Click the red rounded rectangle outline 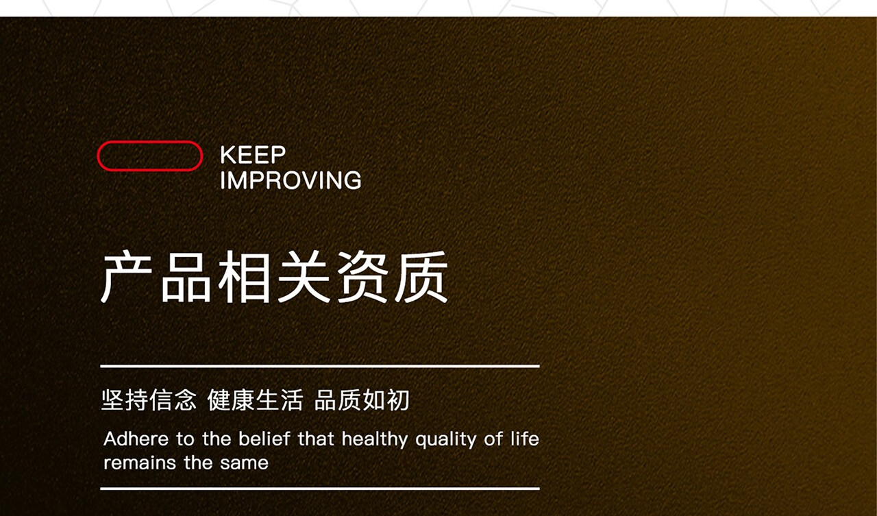point(149,142)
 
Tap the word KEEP point(253,155)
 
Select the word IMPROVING point(291,180)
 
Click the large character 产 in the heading point(127,277)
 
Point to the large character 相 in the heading point(244,277)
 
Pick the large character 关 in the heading point(304,277)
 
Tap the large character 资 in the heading point(362,277)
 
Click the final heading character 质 point(421,277)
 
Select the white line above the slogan point(320,367)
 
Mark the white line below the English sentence point(320,489)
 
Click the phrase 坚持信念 point(149,400)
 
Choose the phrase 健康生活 point(256,400)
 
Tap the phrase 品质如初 point(362,400)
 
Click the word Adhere point(136,439)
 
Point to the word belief point(264,439)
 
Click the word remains point(140,463)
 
